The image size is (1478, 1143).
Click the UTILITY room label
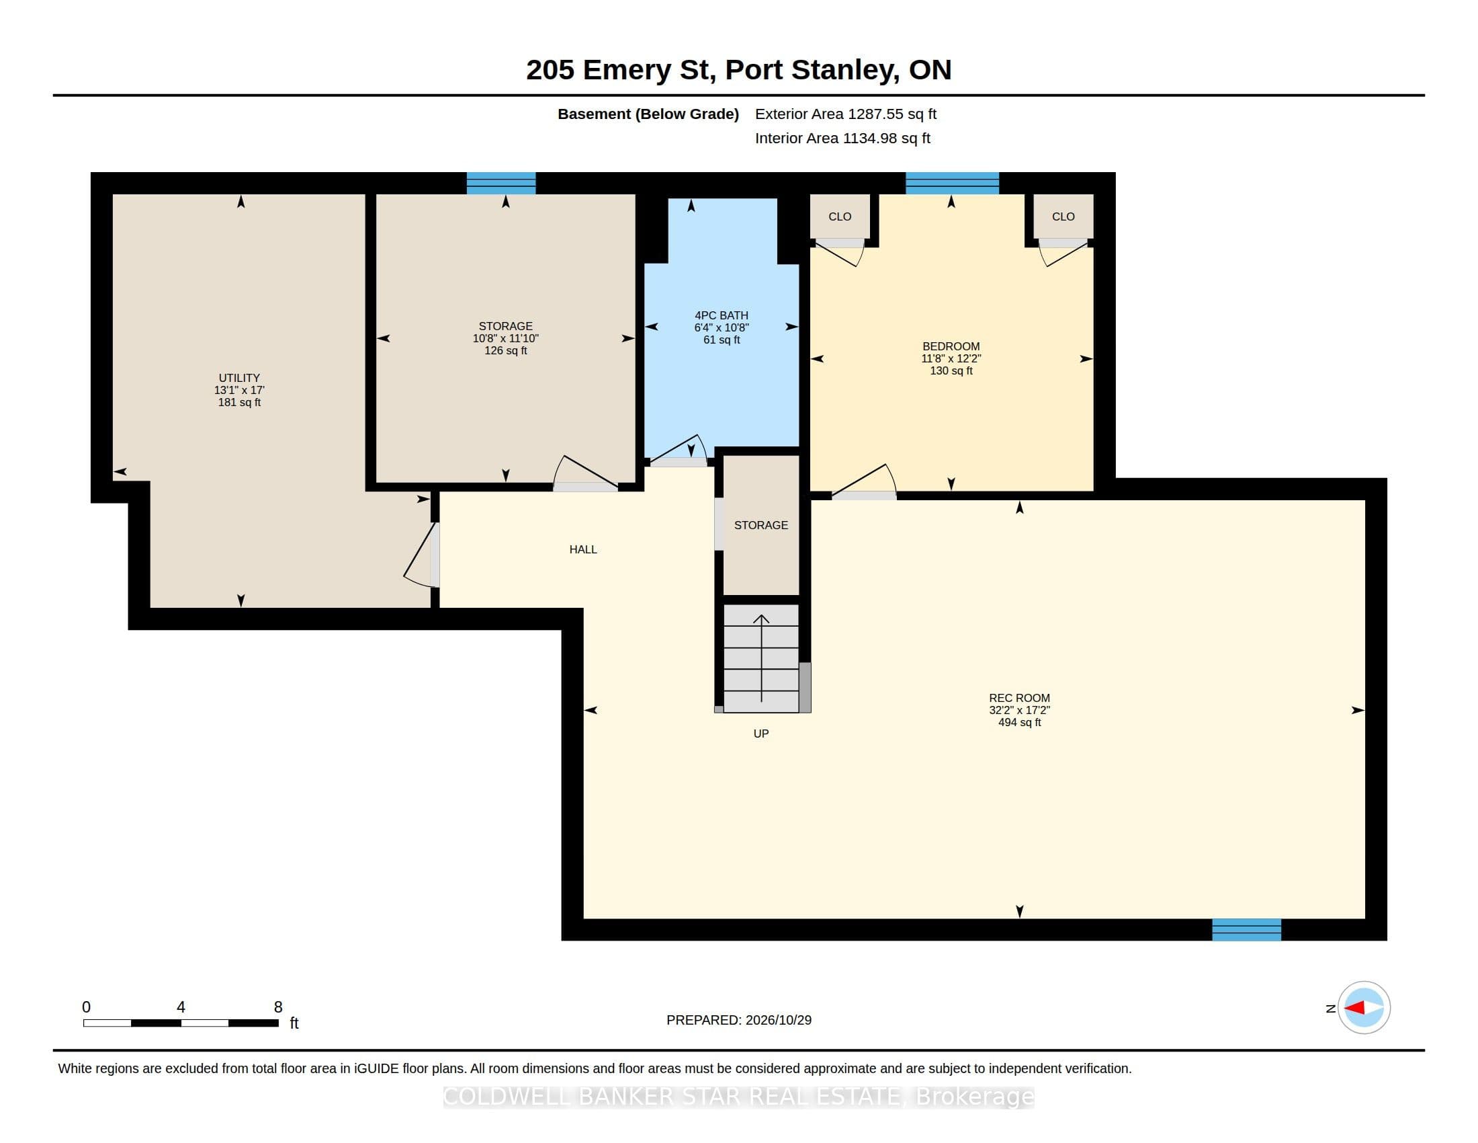239,378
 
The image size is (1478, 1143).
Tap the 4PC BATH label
722,315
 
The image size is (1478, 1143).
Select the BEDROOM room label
951,347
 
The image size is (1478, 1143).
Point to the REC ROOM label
1019,698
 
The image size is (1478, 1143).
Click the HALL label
582,550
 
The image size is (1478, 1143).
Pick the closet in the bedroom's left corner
840,216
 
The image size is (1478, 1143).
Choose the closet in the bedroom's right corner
1063,216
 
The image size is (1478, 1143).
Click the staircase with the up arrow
761,659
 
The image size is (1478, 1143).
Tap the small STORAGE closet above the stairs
761,526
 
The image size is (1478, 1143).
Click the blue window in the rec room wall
1246,930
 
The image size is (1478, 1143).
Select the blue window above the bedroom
952,184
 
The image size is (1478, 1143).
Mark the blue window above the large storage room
501,184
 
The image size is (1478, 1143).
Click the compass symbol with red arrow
1364,1008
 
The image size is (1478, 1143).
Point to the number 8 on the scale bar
278,1007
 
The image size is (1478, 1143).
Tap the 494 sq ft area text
1019,723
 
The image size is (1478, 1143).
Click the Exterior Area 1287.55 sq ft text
845,114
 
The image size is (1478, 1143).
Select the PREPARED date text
739,1020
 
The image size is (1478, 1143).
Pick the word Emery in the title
627,71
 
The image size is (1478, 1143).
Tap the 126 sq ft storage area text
505,351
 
